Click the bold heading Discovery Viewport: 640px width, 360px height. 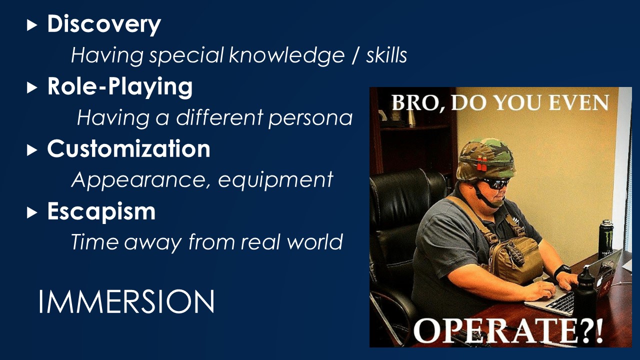(104, 24)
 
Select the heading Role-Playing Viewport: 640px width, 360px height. (120, 86)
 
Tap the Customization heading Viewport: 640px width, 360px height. (128, 148)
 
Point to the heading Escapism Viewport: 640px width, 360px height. (101, 212)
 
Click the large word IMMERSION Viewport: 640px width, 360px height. (126, 301)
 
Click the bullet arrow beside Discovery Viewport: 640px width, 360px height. (32, 25)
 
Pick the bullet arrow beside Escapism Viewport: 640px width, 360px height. (32, 213)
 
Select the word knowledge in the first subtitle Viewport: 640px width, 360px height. (286, 55)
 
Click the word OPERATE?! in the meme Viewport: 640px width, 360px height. (508, 331)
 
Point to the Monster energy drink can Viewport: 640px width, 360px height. (606, 239)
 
